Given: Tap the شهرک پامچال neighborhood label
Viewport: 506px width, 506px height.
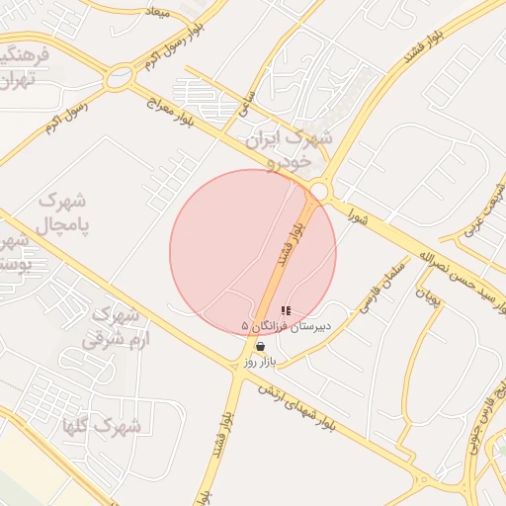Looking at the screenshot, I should click(x=62, y=212).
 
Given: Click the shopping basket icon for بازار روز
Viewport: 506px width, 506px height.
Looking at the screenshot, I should click(x=260, y=347).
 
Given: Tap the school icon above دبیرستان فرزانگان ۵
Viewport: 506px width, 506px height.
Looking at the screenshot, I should click(x=286, y=311).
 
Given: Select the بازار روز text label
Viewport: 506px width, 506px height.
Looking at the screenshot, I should click(x=263, y=363).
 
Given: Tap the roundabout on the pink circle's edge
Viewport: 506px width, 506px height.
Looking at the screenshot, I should click(x=317, y=190).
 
